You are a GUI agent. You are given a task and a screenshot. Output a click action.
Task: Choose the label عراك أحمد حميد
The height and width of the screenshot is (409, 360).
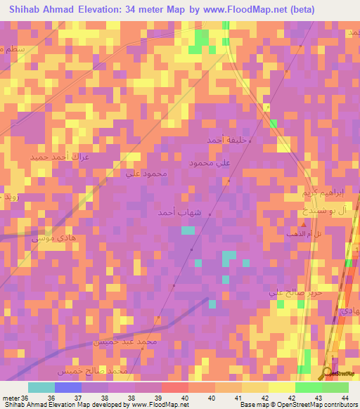click(x=59, y=157)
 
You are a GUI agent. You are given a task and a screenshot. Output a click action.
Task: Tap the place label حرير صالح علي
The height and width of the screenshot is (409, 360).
click(x=295, y=292)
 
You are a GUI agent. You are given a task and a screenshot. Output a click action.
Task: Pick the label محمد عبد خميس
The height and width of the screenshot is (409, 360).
click(x=121, y=342)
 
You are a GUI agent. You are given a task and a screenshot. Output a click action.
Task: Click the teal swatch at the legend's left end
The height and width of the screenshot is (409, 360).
click(x=41, y=387)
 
